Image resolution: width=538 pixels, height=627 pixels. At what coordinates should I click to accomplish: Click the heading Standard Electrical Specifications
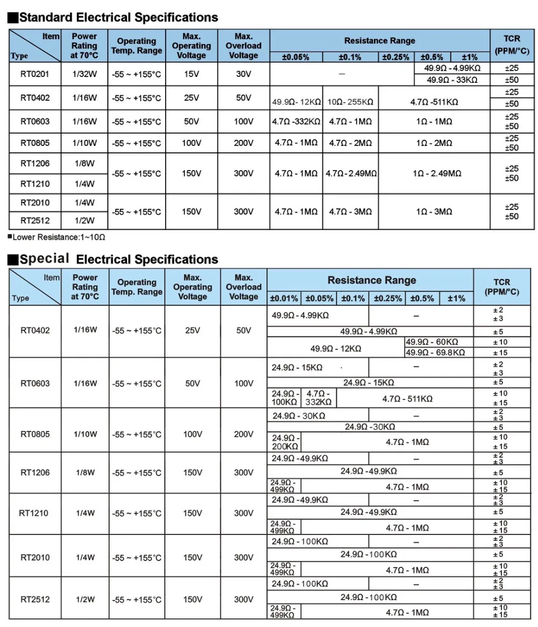(x=118, y=18)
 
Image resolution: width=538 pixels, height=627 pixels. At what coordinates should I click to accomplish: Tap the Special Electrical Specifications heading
(x=118, y=259)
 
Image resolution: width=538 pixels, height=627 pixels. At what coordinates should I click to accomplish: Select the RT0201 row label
(x=35, y=74)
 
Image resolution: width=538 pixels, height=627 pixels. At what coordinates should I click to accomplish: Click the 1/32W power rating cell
(x=84, y=74)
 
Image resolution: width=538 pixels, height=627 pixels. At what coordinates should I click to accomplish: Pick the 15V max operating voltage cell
(x=192, y=74)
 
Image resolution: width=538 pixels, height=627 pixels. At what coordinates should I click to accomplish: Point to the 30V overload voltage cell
(x=243, y=74)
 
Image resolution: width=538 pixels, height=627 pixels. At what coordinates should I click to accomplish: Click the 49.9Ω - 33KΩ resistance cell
(x=452, y=80)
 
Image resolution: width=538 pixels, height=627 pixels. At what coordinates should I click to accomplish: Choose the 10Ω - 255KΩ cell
(x=351, y=101)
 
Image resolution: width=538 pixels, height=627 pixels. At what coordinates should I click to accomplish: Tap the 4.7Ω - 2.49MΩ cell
(x=351, y=174)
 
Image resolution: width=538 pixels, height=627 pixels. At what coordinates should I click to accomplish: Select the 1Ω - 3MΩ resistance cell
(x=434, y=212)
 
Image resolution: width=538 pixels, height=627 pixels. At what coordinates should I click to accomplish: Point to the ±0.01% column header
(x=284, y=298)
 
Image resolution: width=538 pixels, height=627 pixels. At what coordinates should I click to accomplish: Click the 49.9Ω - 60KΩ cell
(x=433, y=342)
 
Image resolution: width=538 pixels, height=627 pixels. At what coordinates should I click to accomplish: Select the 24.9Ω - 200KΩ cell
(x=285, y=442)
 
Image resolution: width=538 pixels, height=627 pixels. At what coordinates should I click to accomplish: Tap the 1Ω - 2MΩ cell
(x=434, y=143)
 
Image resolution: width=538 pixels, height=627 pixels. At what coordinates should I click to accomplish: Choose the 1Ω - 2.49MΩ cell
(x=434, y=174)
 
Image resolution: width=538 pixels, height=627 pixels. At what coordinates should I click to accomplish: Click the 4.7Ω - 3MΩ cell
(x=351, y=212)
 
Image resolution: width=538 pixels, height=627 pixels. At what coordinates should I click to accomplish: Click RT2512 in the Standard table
(x=35, y=220)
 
